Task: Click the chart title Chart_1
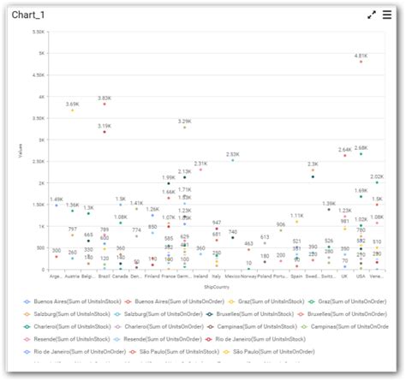tap(29, 15)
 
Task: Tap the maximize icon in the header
tap(372, 15)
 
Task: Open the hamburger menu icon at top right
tap(389, 15)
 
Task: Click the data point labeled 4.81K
tap(361, 62)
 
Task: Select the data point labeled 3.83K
tap(104, 104)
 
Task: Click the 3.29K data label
tap(184, 121)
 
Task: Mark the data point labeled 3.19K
tap(104, 132)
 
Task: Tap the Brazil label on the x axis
tap(104, 277)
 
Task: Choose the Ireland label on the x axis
tap(200, 277)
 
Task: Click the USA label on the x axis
tap(361, 277)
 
